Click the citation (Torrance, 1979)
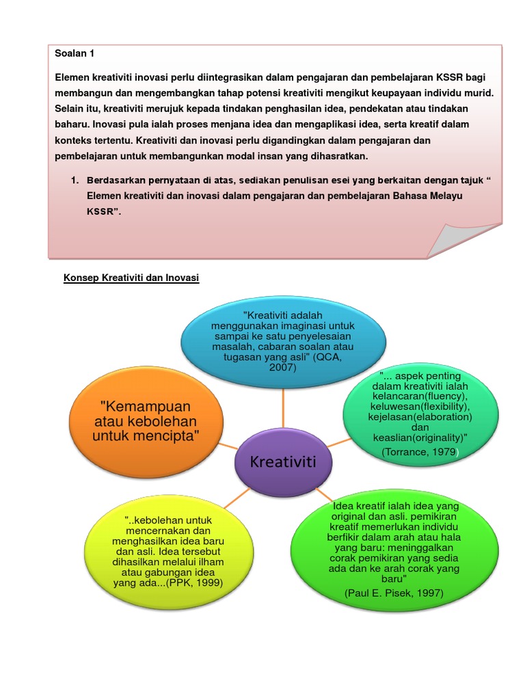(x=420, y=453)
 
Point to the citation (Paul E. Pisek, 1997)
(x=394, y=593)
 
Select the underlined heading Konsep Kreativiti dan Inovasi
(x=131, y=279)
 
